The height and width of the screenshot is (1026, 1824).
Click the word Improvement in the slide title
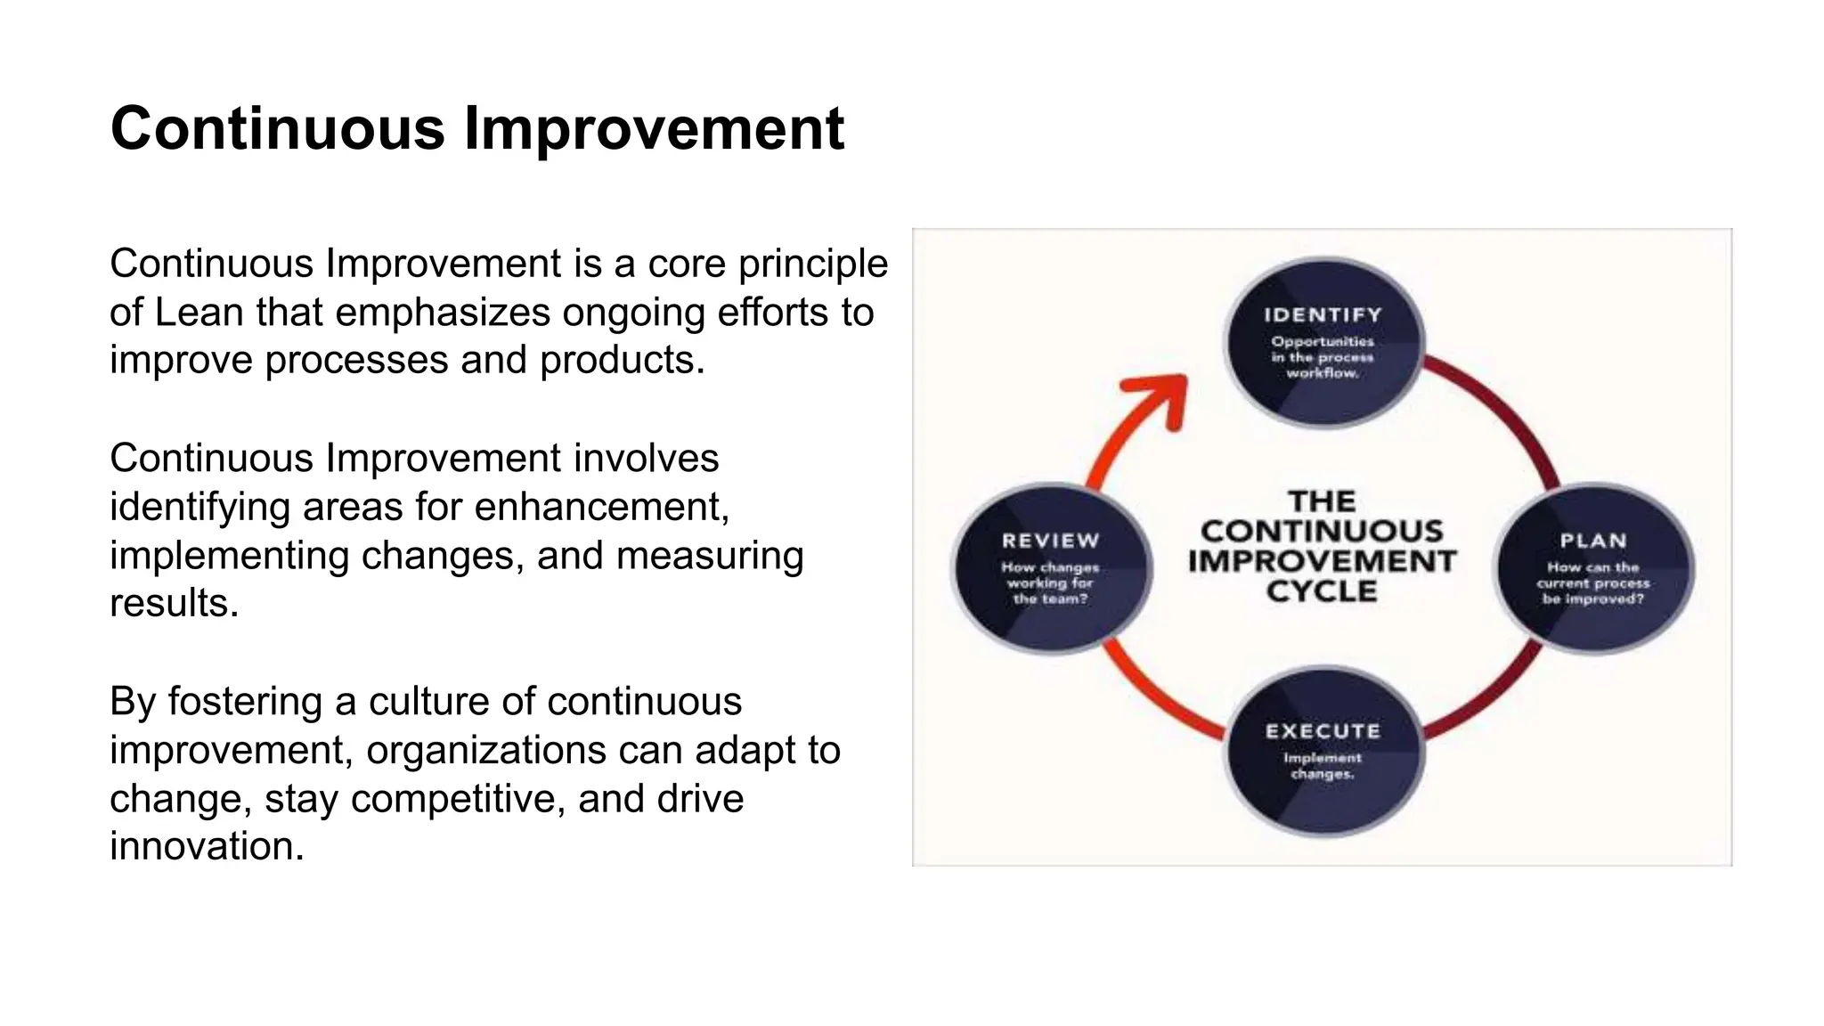[x=653, y=129]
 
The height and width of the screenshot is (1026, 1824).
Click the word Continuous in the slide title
[x=277, y=129]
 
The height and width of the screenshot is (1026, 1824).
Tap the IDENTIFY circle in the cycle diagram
[x=1323, y=343]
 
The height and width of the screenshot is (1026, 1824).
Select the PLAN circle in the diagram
[x=1592, y=568]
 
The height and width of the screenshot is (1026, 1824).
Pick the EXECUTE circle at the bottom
[x=1323, y=751]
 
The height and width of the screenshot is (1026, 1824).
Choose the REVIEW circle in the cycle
[x=1051, y=568]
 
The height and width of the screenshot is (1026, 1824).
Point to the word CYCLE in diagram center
[x=1322, y=591]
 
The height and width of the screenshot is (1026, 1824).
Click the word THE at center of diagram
[x=1322, y=501]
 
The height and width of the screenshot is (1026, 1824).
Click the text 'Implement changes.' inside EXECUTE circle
[x=1323, y=766]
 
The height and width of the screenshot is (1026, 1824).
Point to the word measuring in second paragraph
[x=710, y=556]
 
